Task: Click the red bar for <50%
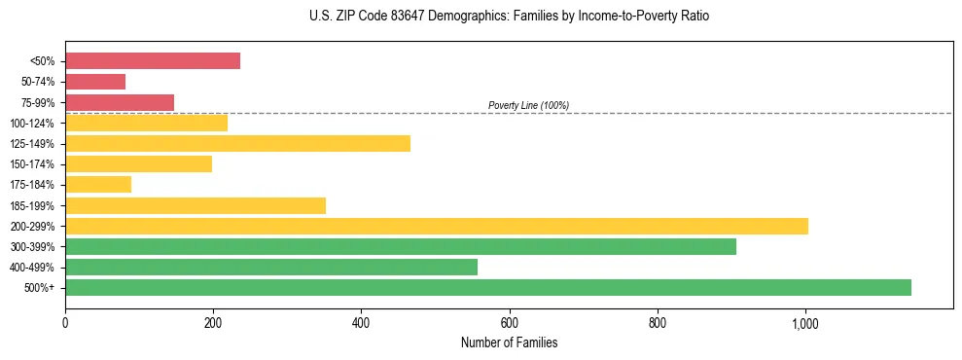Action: [x=153, y=61]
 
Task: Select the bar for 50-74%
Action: [x=95, y=82]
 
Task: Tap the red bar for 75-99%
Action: [x=120, y=102]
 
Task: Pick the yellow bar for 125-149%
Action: [x=237, y=143]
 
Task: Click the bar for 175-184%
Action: [x=98, y=184]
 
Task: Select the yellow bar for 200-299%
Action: [x=437, y=226]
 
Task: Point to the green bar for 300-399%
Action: [x=401, y=246]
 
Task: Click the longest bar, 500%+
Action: [x=488, y=287]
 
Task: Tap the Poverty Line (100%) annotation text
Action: [x=528, y=105]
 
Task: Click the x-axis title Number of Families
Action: [x=509, y=343]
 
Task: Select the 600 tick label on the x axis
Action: [x=509, y=323]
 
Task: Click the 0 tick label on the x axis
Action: [x=65, y=323]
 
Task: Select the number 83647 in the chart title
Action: [x=389, y=17]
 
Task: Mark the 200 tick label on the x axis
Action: [x=213, y=323]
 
